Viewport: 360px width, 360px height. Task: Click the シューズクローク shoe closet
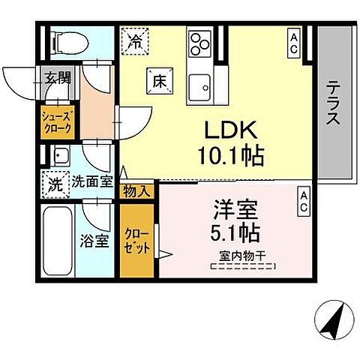click(x=55, y=122)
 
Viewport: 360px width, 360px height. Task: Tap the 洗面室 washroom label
click(x=92, y=182)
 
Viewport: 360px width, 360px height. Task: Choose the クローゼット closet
click(x=137, y=240)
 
